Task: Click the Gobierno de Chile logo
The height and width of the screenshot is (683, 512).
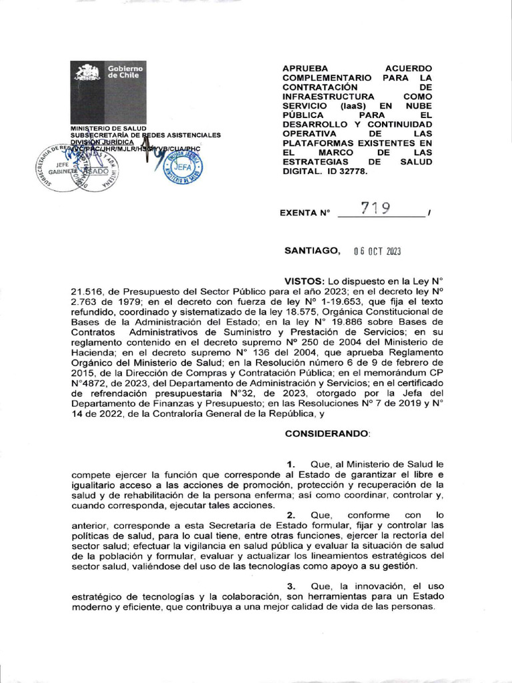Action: pyautogui.click(x=108, y=91)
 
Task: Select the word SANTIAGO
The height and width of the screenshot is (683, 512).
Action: pyautogui.click(x=313, y=251)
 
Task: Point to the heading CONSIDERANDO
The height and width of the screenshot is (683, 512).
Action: pyautogui.click(x=327, y=434)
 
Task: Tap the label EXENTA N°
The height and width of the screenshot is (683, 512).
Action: pyautogui.click(x=307, y=213)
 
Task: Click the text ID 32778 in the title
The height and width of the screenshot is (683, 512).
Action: pyautogui.click(x=345, y=171)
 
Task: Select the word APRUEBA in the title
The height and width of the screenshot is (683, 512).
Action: pyautogui.click(x=308, y=69)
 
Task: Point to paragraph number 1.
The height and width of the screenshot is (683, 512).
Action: pyautogui.click(x=291, y=464)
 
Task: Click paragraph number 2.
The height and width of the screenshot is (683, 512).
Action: pyautogui.click(x=291, y=515)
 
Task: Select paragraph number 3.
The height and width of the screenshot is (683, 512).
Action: pyautogui.click(x=291, y=585)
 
